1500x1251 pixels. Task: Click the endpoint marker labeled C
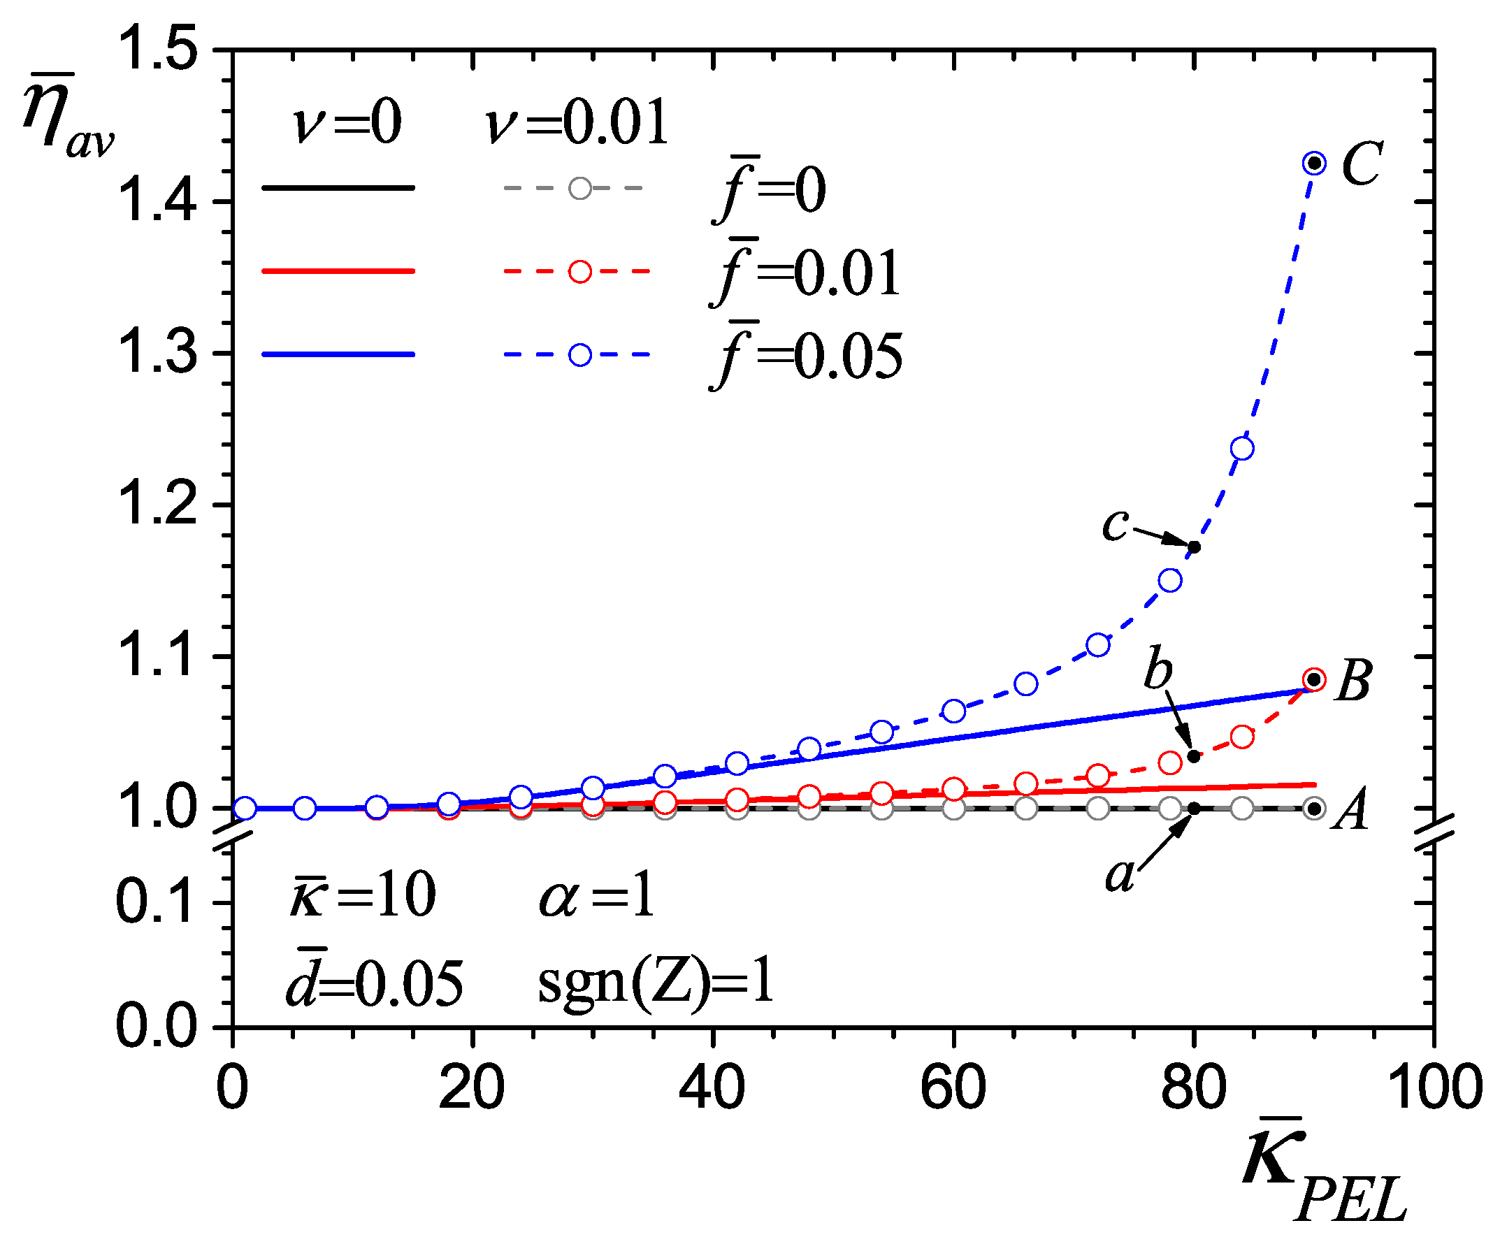(1314, 164)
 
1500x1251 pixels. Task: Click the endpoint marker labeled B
(1314, 679)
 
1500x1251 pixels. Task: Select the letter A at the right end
(1350, 810)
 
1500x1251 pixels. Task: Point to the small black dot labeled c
(1194, 547)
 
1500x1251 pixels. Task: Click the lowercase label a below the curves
(1119, 874)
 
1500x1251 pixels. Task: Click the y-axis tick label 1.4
(156, 201)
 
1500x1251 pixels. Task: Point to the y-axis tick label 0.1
(156, 902)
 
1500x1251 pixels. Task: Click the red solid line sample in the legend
(338, 271)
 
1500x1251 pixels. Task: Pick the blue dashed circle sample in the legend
(580, 355)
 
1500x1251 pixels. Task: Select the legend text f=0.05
(807, 355)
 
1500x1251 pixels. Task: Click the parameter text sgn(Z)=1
(656, 983)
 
